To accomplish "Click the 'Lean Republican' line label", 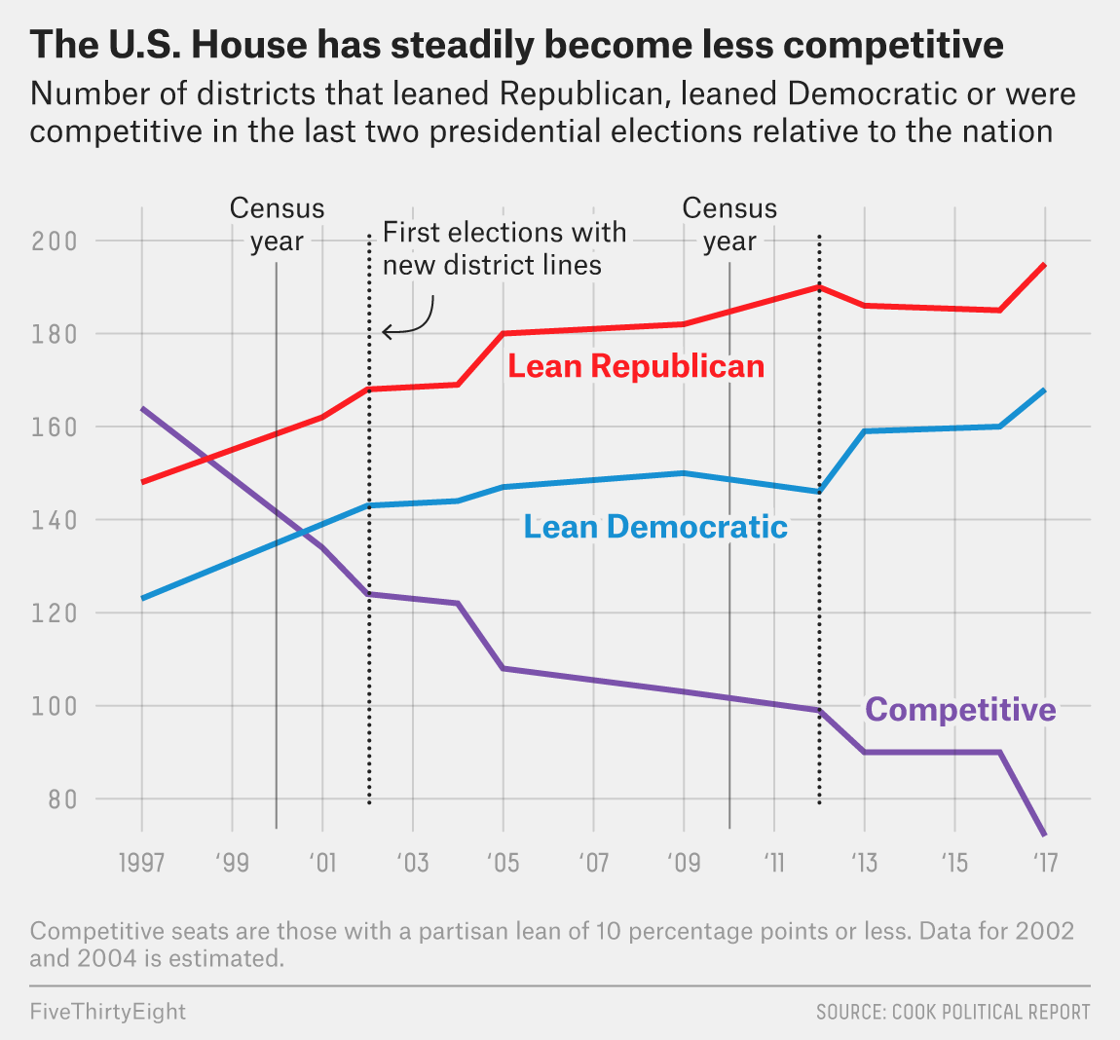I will (636, 366).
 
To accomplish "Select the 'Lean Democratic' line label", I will (655, 527).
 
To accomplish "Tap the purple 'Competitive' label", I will (960, 709).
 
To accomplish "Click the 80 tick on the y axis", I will (62, 799).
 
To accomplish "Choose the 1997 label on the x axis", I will (141, 863).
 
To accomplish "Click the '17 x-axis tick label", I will (1044, 863).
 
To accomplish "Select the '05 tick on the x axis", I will (503, 863).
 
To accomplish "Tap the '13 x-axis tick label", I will (863, 863).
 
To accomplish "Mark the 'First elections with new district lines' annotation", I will (504, 248).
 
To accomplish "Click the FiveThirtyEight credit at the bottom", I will (107, 1012).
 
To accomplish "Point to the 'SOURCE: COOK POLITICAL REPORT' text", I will (952, 1013).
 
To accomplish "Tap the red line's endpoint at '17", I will (1044, 264).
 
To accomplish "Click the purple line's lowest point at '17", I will (1044, 835).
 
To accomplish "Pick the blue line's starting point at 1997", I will (142, 598).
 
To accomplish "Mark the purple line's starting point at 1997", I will (142, 408).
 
